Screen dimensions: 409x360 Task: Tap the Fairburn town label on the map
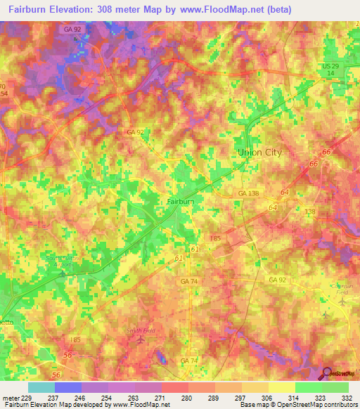point(180,201)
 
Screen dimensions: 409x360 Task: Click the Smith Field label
point(141,330)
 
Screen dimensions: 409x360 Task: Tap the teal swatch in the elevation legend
point(41,387)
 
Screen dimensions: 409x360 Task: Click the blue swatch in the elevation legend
point(68,387)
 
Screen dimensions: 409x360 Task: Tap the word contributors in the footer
point(340,405)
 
